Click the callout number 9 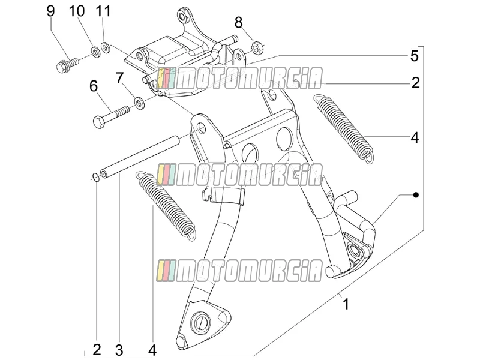pyautogui.click(x=51, y=11)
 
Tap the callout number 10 pyautogui.click(x=77, y=11)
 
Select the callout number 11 pyautogui.click(x=103, y=11)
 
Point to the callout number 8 pyautogui.click(x=238, y=23)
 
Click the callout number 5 pyautogui.click(x=414, y=56)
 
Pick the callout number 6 pyautogui.click(x=94, y=86)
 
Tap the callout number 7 pyautogui.click(x=119, y=79)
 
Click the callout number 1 pyautogui.click(x=346, y=304)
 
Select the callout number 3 pyautogui.click(x=119, y=350)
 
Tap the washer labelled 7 pyautogui.click(x=140, y=103)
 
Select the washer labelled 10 pyautogui.click(x=96, y=51)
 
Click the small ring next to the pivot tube pyautogui.click(x=95, y=177)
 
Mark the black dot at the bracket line pyautogui.click(x=415, y=194)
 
